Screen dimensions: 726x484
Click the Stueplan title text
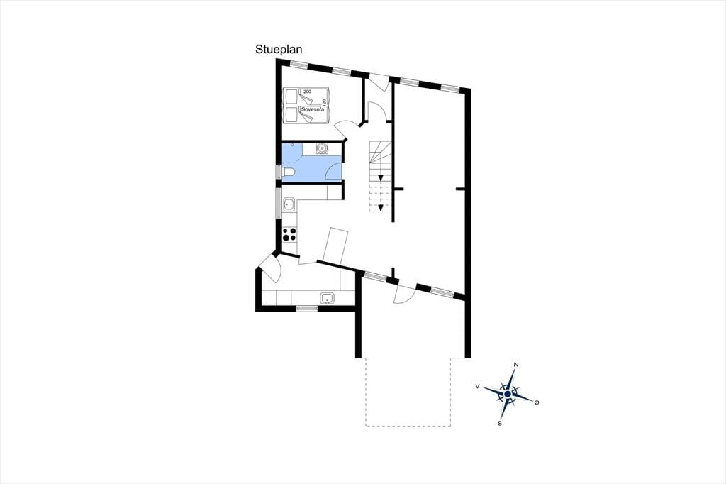tap(278, 50)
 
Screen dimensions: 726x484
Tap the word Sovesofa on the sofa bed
tap(311, 110)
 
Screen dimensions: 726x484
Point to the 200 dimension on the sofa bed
tap(308, 92)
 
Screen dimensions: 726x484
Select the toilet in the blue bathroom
tap(288, 173)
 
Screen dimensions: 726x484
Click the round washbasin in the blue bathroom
tap(321, 148)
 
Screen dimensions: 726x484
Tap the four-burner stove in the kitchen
tap(289, 234)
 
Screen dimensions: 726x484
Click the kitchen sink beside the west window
tap(289, 204)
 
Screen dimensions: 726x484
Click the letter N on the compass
tap(516, 365)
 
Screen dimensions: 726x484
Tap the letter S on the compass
tap(500, 423)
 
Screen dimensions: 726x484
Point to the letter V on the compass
tap(477, 386)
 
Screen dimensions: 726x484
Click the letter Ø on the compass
tap(537, 402)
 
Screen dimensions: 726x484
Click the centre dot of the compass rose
tap(508, 394)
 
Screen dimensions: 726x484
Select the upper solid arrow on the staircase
tap(381, 177)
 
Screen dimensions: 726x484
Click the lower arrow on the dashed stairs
tap(381, 207)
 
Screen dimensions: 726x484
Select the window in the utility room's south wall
tap(307, 308)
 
